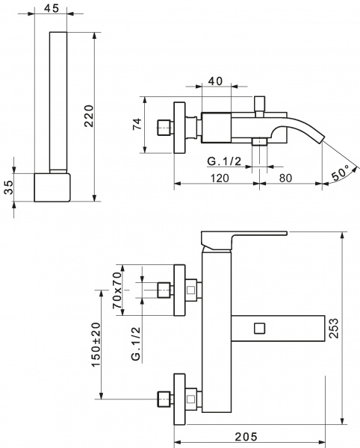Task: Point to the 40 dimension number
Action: click(x=215, y=81)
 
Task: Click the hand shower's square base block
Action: click(x=53, y=186)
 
